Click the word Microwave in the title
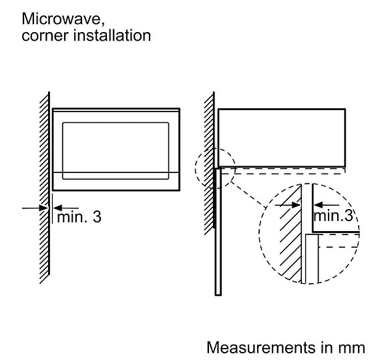click(x=63, y=19)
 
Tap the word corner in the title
click(x=45, y=35)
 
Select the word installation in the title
click(x=112, y=35)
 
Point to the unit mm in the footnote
click(x=351, y=349)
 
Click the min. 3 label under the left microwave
click(x=79, y=217)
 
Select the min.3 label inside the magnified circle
click(x=333, y=215)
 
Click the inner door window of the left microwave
click(x=116, y=151)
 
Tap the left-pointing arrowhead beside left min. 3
click(x=57, y=208)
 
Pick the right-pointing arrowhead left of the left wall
click(x=43, y=208)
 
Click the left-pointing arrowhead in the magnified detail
click(x=318, y=205)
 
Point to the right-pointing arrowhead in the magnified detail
click(x=296, y=205)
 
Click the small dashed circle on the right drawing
click(x=196, y=168)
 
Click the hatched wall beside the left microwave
click(x=45, y=188)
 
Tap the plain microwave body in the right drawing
click(x=282, y=138)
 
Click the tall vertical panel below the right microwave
click(x=218, y=231)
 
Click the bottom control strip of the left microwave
click(x=116, y=181)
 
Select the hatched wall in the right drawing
click(x=210, y=164)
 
